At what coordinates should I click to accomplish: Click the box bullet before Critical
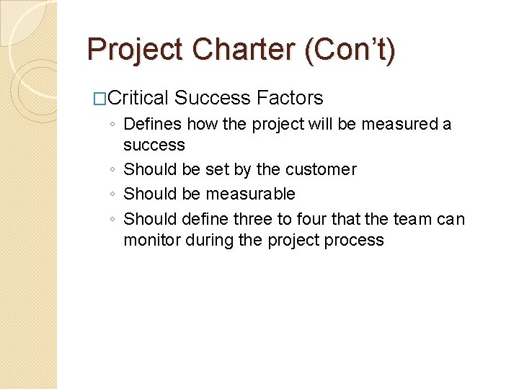102,99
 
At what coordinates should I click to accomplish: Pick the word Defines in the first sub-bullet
151,124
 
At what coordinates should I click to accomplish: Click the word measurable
250,194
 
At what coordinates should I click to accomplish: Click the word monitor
152,240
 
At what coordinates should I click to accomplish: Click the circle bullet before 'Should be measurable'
114,194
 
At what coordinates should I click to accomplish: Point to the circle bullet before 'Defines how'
114,125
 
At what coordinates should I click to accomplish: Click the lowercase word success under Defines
154,146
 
